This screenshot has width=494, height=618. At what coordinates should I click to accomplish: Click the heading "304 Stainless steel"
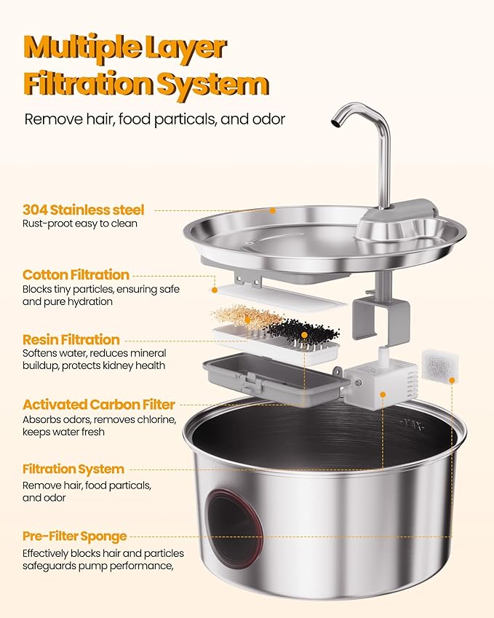coord(83,210)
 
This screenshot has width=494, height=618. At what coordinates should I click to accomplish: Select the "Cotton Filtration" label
coord(76,274)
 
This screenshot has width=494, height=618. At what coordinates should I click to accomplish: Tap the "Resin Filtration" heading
coord(71,339)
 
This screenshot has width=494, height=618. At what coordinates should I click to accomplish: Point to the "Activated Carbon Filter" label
coord(98,405)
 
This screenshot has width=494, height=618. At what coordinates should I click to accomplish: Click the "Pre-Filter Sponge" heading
coord(74,536)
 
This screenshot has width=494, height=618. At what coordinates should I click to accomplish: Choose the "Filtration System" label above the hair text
coord(73,469)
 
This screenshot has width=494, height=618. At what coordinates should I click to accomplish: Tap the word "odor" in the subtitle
coord(268,119)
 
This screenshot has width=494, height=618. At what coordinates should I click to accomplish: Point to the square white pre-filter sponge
coord(439,368)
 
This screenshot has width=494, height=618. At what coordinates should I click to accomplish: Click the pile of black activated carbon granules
coord(303,331)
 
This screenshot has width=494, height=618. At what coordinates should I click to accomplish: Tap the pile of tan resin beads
coord(246,317)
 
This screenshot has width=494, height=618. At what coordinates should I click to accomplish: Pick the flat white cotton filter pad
coord(276,296)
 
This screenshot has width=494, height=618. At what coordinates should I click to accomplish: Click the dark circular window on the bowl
coord(235,526)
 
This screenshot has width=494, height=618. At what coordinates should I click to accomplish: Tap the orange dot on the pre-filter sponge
coord(452,381)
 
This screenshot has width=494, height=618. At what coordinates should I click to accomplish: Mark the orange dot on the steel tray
coord(272,211)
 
